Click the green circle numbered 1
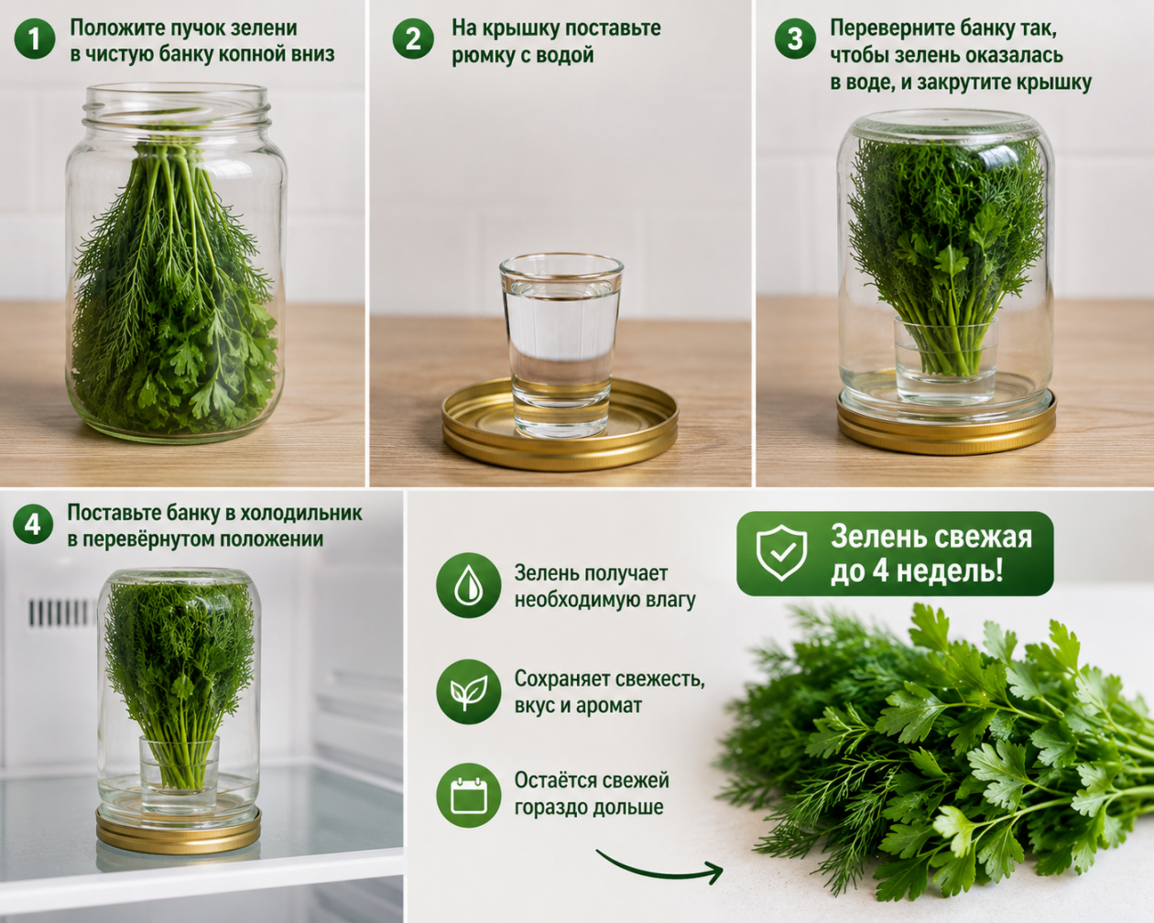point(35,39)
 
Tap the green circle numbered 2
point(413,39)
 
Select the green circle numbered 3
point(795,39)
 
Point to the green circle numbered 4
point(33,524)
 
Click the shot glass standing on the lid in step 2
point(561,346)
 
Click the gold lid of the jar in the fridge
point(179,830)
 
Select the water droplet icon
point(468,585)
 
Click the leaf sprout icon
point(468,692)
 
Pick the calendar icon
point(468,796)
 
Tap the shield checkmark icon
point(781,553)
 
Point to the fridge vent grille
point(58,613)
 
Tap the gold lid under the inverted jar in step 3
point(946,427)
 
